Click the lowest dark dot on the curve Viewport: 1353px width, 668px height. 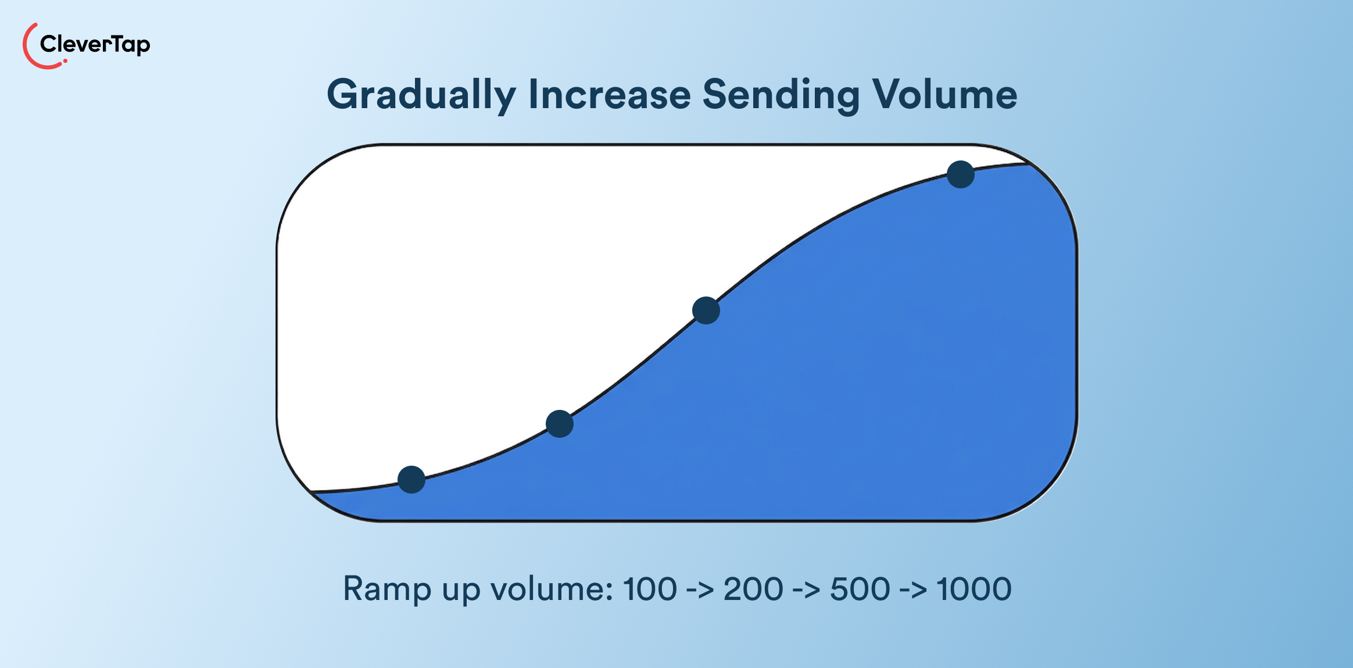[x=411, y=480]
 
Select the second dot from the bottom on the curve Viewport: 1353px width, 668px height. [x=560, y=424]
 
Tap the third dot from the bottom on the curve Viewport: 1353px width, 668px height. [x=706, y=310]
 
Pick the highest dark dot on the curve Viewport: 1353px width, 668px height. [x=961, y=174]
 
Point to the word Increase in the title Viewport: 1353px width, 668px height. [x=609, y=94]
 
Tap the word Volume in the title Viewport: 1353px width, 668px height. [x=944, y=94]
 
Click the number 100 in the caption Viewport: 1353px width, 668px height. [x=650, y=589]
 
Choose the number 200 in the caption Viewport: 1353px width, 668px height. [x=753, y=589]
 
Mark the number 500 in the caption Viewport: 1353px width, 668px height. [x=860, y=589]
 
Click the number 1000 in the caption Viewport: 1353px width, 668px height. [x=974, y=589]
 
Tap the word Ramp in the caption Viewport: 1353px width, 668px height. [x=387, y=590]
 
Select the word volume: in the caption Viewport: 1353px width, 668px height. [x=552, y=589]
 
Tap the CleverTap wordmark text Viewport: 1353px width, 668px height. [x=95, y=44]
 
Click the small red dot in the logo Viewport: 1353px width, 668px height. [x=65, y=61]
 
